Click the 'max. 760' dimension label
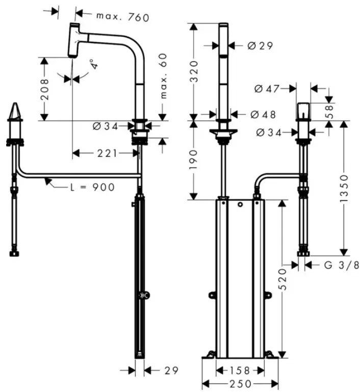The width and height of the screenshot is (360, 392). (x=123, y=17)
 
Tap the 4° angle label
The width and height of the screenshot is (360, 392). (x=94, y=64)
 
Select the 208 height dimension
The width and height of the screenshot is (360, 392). (x=44, y=89)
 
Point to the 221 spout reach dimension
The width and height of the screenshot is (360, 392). (x=107, y=153)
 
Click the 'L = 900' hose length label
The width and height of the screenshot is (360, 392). (x=92, y=187)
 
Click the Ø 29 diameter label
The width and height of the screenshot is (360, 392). (x=260, y=46)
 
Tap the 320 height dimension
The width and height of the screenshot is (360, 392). (x=194, y=71)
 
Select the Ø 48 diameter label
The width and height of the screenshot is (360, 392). (x=263, y=115)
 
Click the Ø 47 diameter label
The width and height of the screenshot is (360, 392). (x=267, y=89)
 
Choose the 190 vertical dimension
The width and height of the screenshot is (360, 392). (x=194, y=160)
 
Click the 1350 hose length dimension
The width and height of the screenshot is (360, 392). (x=344, y=189)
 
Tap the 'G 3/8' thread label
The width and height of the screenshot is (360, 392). (x=342, y=265)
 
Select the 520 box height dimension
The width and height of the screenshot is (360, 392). (x=282, y=279)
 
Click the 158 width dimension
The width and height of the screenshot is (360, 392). (x=240, y=371)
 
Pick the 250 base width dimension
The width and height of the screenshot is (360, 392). (x=241, y=383)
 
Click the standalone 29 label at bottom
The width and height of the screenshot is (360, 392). (x=171, y=371)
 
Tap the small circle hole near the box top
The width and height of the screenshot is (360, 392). (x=240, y=204)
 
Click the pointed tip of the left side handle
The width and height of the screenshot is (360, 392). (x=15, y=103)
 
